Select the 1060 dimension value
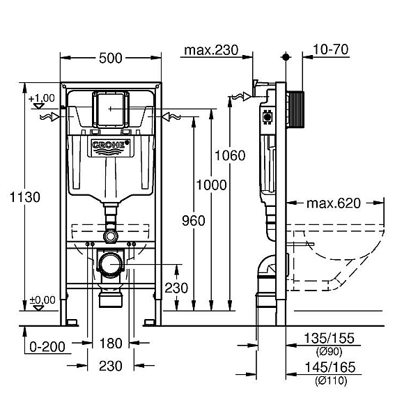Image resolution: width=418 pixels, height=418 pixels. (x=230, y=155)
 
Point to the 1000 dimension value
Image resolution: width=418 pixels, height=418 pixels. (x=211, y=185)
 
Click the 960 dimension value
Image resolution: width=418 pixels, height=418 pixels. (x=192, y=221)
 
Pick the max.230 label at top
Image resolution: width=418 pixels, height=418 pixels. (x=210, y=49)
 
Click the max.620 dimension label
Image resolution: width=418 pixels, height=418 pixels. (x=334, y=203)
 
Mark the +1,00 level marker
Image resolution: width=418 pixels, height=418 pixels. (x=42, y=98)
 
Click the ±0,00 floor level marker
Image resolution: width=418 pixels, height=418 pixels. (x=42, y=300)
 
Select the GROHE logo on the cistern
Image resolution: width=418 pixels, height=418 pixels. (x=111, y=146)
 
